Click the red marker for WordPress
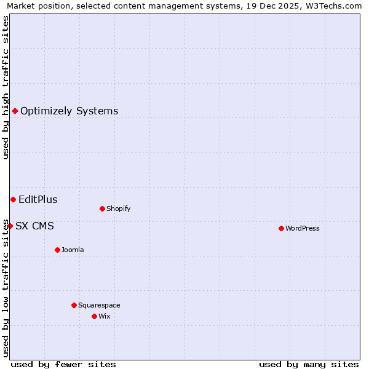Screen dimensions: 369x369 tap(281, 228)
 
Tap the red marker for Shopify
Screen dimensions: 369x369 tap(102, 208)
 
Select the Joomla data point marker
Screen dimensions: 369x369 tap(57, 250)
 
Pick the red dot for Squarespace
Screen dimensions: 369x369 tap(74, 305)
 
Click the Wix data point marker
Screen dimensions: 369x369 tap(94, 316)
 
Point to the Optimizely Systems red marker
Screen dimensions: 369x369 tap(15, 111)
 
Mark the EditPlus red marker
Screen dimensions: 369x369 tap(13, 199)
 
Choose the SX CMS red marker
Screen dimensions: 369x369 tap(10, 226)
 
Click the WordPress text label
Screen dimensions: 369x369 tap(303, 228)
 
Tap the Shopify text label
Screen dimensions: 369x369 tap(119, 208)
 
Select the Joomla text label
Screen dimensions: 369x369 tap(73, 250)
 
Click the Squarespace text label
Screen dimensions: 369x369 tap(99, 305)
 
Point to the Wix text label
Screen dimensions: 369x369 tap(104, 316)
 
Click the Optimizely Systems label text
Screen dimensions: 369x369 tap(69, 111)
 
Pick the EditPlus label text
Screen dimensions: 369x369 tap(38, 199)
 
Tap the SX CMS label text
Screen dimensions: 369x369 tap(34, 226)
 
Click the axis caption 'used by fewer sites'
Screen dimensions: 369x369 tap(63, 364)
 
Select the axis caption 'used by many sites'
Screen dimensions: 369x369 tap(309, 364)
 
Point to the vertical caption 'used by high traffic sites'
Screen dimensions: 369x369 tap(6, 87)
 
